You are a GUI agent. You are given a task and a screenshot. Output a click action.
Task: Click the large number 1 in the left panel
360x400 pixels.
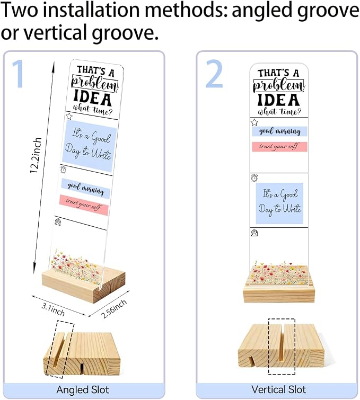pyautogui.click(x=19, y=74)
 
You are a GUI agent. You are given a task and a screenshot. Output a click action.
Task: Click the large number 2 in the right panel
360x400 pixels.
pyautogui.click(x=214, y=74)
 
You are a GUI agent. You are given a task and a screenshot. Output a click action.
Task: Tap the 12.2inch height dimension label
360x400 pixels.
pyautogui.click(x=35, y=155)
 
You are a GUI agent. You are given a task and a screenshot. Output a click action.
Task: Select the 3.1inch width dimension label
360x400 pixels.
pyautogui.click(x=53, y=309)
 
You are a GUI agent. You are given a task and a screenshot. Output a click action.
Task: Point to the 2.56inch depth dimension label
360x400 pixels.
pyautogui.click(x=114, y=308)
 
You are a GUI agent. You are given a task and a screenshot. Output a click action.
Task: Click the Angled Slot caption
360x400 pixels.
pyautogui.click(x=83, y=389)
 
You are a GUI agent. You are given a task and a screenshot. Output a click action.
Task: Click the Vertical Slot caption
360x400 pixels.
pyautogui.click(x=278, y=389)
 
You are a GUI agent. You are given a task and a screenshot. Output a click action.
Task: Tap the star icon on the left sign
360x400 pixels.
pyautogui.click(x=69, y=117)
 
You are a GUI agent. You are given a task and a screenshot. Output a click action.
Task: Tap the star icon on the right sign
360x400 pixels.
pyautogui.click(x=254, y=122)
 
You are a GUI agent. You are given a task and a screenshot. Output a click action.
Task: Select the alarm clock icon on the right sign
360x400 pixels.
pyautogui.click(x=254, y=178)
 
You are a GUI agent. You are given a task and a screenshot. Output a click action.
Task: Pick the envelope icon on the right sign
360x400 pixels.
pyautogui.click(x=254, y=233)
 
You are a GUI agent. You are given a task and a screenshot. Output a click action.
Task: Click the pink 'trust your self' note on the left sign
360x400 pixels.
pyautogui.click(x=84, y=205)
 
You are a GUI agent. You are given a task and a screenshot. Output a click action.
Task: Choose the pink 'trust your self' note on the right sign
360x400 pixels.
pyautogui.click(x=279, y=147)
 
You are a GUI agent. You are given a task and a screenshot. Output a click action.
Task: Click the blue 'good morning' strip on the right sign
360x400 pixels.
pyautogui.click(x=279, y=131)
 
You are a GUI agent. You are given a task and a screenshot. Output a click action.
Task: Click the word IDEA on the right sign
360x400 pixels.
pyautogui.click(x=278, y=100)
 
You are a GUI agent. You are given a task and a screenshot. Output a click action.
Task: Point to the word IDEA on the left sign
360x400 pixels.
pyautogui.click(x=93, y=98)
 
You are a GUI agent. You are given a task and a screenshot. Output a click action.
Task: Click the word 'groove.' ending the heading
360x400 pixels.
pyautogui.click(x=125, y=33)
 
